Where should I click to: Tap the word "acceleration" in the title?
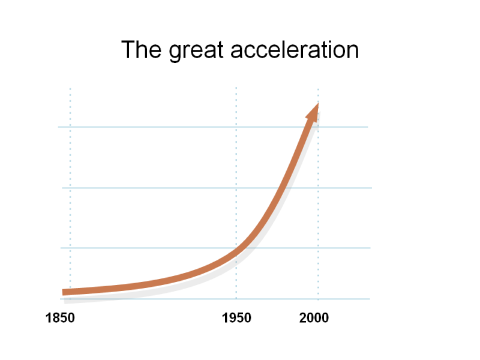294,50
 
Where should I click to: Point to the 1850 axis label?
61,318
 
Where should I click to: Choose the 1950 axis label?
236,318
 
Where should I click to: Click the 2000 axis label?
314,318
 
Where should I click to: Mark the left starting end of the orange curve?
65,292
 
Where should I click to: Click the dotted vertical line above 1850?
70,180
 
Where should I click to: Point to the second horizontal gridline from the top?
180,188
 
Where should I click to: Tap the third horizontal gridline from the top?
150,248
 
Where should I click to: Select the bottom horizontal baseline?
180,298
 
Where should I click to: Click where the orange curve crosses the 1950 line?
236,254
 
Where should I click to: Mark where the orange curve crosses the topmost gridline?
306,127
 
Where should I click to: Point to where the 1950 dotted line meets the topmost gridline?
236,127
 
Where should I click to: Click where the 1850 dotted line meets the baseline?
70,298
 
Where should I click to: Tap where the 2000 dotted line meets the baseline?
318,298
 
